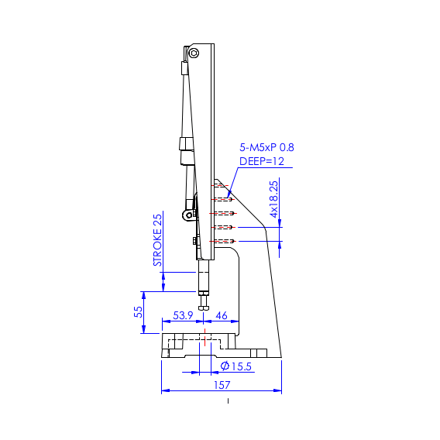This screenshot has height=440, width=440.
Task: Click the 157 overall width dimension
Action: pyautogui.click(x=222, y=385)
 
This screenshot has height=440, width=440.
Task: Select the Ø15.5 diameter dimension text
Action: pyautogui.click(x=236, y=366)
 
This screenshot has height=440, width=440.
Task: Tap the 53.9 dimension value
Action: pyautogui.click(x=183, y=315)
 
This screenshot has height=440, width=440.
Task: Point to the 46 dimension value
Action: pyautogui.click(x=221, y=315)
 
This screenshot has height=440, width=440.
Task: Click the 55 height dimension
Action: pyautogui.click(x=138, y=311)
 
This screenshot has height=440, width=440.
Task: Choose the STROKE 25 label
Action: pyautogui.click(x=157, y=240)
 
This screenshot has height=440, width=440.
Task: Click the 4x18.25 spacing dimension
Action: pyautogui.click(x=273, y=199)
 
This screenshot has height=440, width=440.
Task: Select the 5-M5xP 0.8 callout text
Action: pyautogui.click(x=266, y=147)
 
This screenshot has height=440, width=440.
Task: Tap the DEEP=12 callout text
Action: pyautogui.click(x=262, y=161)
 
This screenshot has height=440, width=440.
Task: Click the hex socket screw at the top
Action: pyautogui.click(x=194, y=53)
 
